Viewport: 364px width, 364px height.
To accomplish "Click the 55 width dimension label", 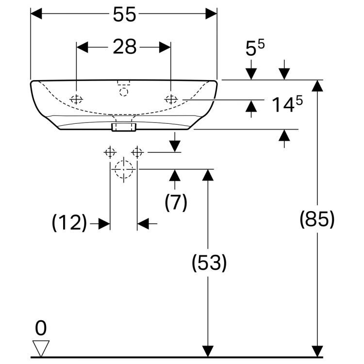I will tap(124, 15).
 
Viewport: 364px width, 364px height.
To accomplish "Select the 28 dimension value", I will tap(124, 47).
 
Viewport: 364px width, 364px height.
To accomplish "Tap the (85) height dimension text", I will tap(317, 219).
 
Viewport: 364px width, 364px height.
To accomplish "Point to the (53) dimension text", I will tap(209, 263).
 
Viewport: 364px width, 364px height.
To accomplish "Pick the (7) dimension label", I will tap(176, 202).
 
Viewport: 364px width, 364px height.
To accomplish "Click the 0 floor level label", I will tap(41, 329).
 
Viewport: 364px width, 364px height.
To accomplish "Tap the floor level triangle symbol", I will tap(41, 347).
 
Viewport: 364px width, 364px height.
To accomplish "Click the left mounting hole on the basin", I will tap(77, 99).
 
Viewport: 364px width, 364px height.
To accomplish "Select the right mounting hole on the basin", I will tap(171, 99).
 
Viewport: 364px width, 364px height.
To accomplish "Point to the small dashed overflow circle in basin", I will tap(124, 91).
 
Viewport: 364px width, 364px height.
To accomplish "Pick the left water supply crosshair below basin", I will tap(110, 152).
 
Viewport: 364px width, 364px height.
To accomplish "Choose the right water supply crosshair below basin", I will tap(138, 152).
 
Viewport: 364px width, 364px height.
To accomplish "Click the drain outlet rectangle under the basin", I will tap(124, 127).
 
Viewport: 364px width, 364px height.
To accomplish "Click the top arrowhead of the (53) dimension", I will tap(208, 175).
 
